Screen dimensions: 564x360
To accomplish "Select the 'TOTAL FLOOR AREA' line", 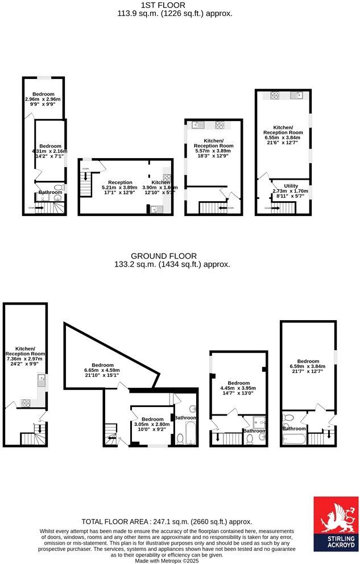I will click(x=167, y=521).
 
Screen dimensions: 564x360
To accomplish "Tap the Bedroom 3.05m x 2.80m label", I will click(x=152, y=424).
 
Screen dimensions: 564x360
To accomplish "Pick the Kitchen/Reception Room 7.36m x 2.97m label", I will click(x=26, y=355).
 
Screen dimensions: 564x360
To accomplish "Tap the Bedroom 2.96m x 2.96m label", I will click(x=43, y=98).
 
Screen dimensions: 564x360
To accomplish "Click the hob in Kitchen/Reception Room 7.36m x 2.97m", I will click(x=26, y=403).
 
